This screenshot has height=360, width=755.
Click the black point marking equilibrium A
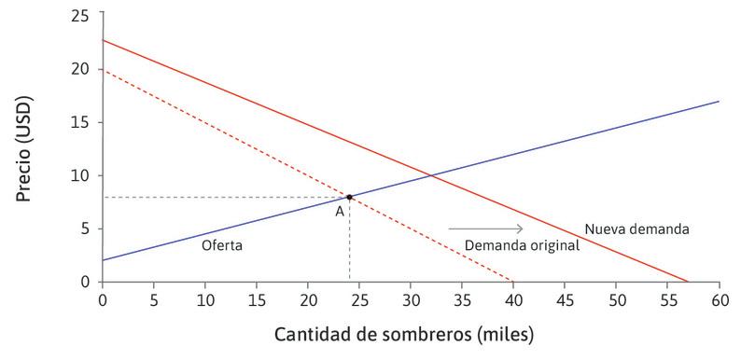coord(349,197)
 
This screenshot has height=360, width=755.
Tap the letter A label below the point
coord(341,212)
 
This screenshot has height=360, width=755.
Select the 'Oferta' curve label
coord(222,245)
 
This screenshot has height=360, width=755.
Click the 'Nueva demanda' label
coord(636,228)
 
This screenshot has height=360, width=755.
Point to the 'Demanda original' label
coord(523,245)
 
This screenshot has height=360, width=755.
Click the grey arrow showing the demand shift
coord(485,228)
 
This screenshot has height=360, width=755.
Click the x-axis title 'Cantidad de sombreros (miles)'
coord(404,334)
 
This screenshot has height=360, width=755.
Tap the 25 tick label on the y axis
coord(84,16)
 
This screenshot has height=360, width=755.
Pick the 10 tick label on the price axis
coord(84,175)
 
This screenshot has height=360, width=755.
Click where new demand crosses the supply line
coord(430,174)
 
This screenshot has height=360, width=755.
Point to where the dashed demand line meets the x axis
coord(513,282)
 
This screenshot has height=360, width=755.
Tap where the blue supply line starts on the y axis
coord(103,259)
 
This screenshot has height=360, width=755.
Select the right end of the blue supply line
coord(719,102)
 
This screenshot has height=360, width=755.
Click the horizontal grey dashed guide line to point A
coord(224,197)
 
